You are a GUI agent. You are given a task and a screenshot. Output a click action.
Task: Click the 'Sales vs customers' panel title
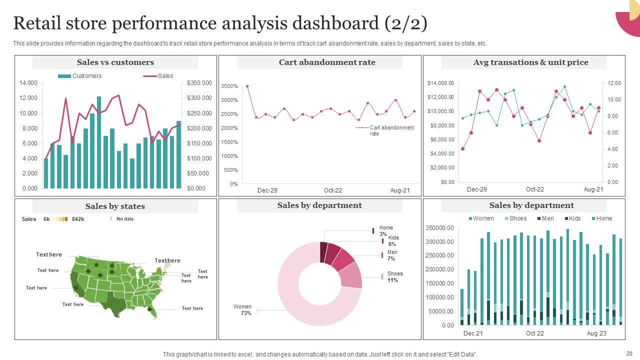point(115,62)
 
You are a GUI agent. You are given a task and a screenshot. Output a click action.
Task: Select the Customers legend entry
point(86,76)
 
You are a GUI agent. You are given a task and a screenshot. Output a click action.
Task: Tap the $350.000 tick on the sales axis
point(199,83)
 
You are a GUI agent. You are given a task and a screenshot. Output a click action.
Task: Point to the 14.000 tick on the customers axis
point(28,83)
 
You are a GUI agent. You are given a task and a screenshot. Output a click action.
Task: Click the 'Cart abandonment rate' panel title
point(327,62)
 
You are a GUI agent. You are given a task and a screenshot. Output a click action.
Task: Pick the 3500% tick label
point(229,86)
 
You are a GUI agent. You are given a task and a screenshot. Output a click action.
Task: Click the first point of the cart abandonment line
point(247,86)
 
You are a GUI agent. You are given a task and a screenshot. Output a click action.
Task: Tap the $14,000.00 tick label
point(440,83)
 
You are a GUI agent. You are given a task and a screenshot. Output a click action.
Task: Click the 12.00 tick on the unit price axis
point(614,83)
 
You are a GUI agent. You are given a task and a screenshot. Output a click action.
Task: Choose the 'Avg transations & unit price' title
point(530,62)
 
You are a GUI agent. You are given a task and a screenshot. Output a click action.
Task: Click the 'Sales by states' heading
point(115,206)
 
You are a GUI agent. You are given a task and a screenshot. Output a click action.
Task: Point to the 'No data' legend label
point(125,219)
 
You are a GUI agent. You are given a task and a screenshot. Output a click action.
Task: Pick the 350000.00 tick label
point(439,228)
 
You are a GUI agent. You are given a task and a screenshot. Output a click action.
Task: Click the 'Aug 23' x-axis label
point(596,333)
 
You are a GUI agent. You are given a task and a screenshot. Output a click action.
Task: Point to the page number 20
point(628,352)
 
